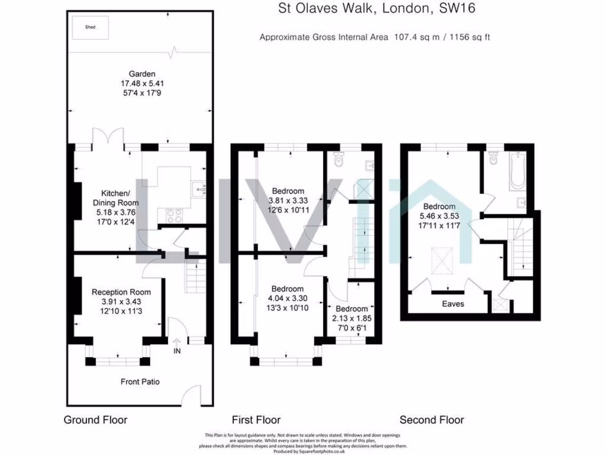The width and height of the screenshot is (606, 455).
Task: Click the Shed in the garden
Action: pos(91,27)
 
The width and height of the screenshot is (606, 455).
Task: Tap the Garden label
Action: pos(138,74)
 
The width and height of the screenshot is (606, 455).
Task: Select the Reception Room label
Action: pos(121,292)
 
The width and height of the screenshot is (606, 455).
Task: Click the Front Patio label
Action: pos(136,382)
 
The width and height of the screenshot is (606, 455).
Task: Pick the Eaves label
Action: pos(453,304)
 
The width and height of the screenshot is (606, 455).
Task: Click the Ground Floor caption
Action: pos(95,420)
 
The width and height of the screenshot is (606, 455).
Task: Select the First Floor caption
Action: pos(256,420)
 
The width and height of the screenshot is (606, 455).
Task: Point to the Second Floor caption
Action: pos(432,420)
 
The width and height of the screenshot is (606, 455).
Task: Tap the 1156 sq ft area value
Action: pos(468,37)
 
